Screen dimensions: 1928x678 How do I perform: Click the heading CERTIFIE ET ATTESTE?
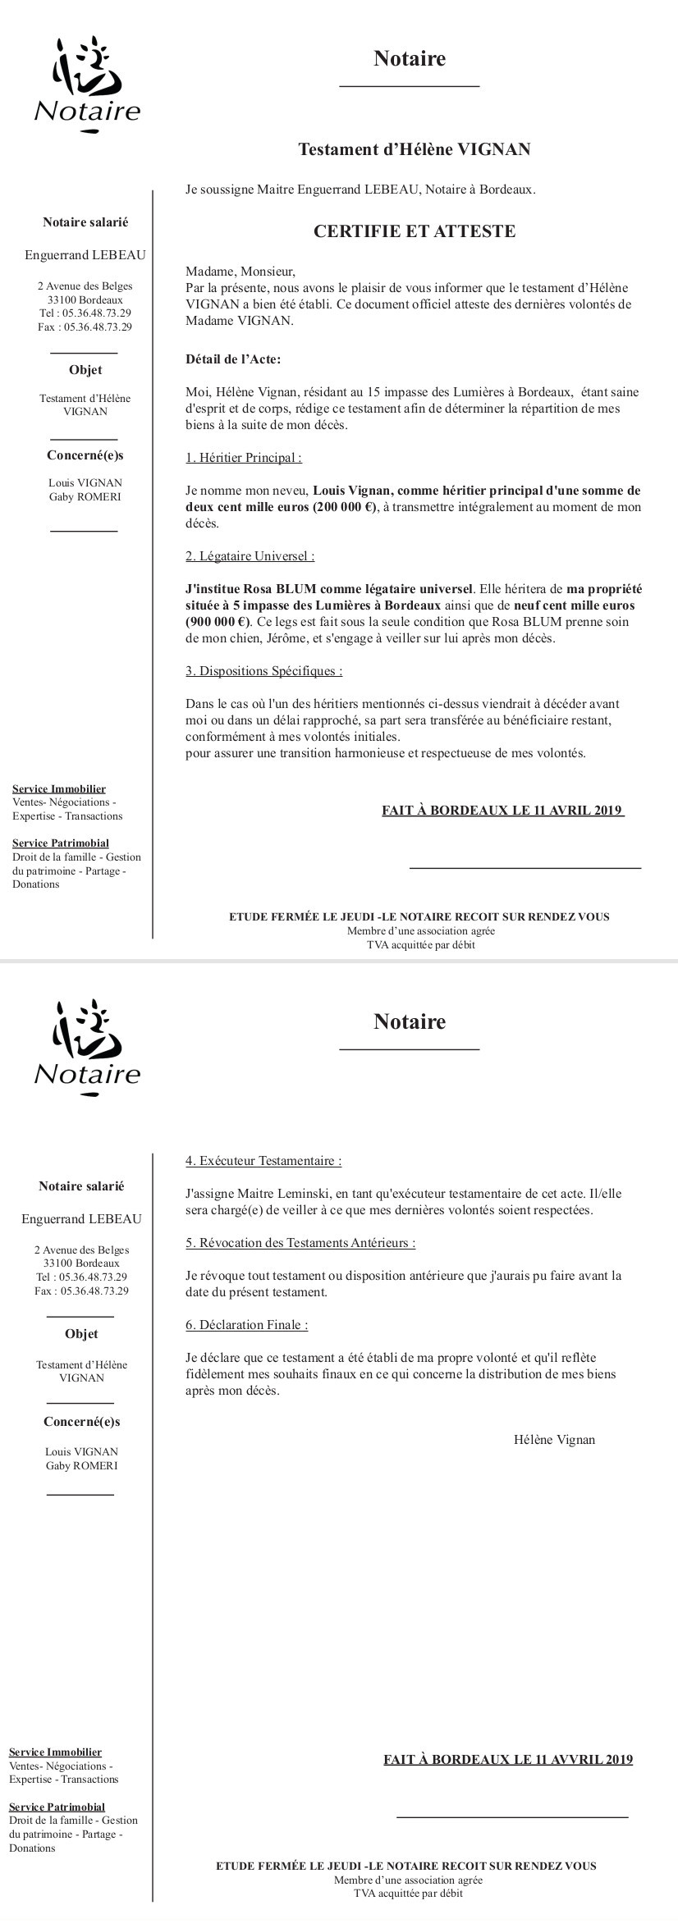pyautogui.click(x=415, y=231)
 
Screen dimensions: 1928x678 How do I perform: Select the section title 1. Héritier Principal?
pyautogui.click(x=244, y=458)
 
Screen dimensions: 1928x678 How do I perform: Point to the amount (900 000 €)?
pyautogui.click(x=218, y=621)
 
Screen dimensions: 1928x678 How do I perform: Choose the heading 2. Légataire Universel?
pyautogui.click(x=250, y=556)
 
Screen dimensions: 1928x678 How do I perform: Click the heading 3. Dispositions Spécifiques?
pyautogui.click(x=264, y=671)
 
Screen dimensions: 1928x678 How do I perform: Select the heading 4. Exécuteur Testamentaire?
pyautogui.click(x=263, y=1161)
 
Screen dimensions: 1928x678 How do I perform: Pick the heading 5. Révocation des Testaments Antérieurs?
pyautogui.click(x=300, y=1243)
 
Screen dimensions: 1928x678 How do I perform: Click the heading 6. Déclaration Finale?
pyautogui.click(x=247, y=1325)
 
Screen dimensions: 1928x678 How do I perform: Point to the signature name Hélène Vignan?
pyautogui.click(x=554, y=1440)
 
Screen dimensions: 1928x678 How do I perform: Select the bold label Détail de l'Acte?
pyautogui.click(x=234, y=359)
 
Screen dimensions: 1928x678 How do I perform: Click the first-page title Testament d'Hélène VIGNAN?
pyautogui.click(x=414, y=149)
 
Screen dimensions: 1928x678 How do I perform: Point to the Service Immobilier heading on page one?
pyautogui.click(x=59, y=789)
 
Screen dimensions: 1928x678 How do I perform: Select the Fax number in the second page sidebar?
pyautogui.click(x=81, y=1291)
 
